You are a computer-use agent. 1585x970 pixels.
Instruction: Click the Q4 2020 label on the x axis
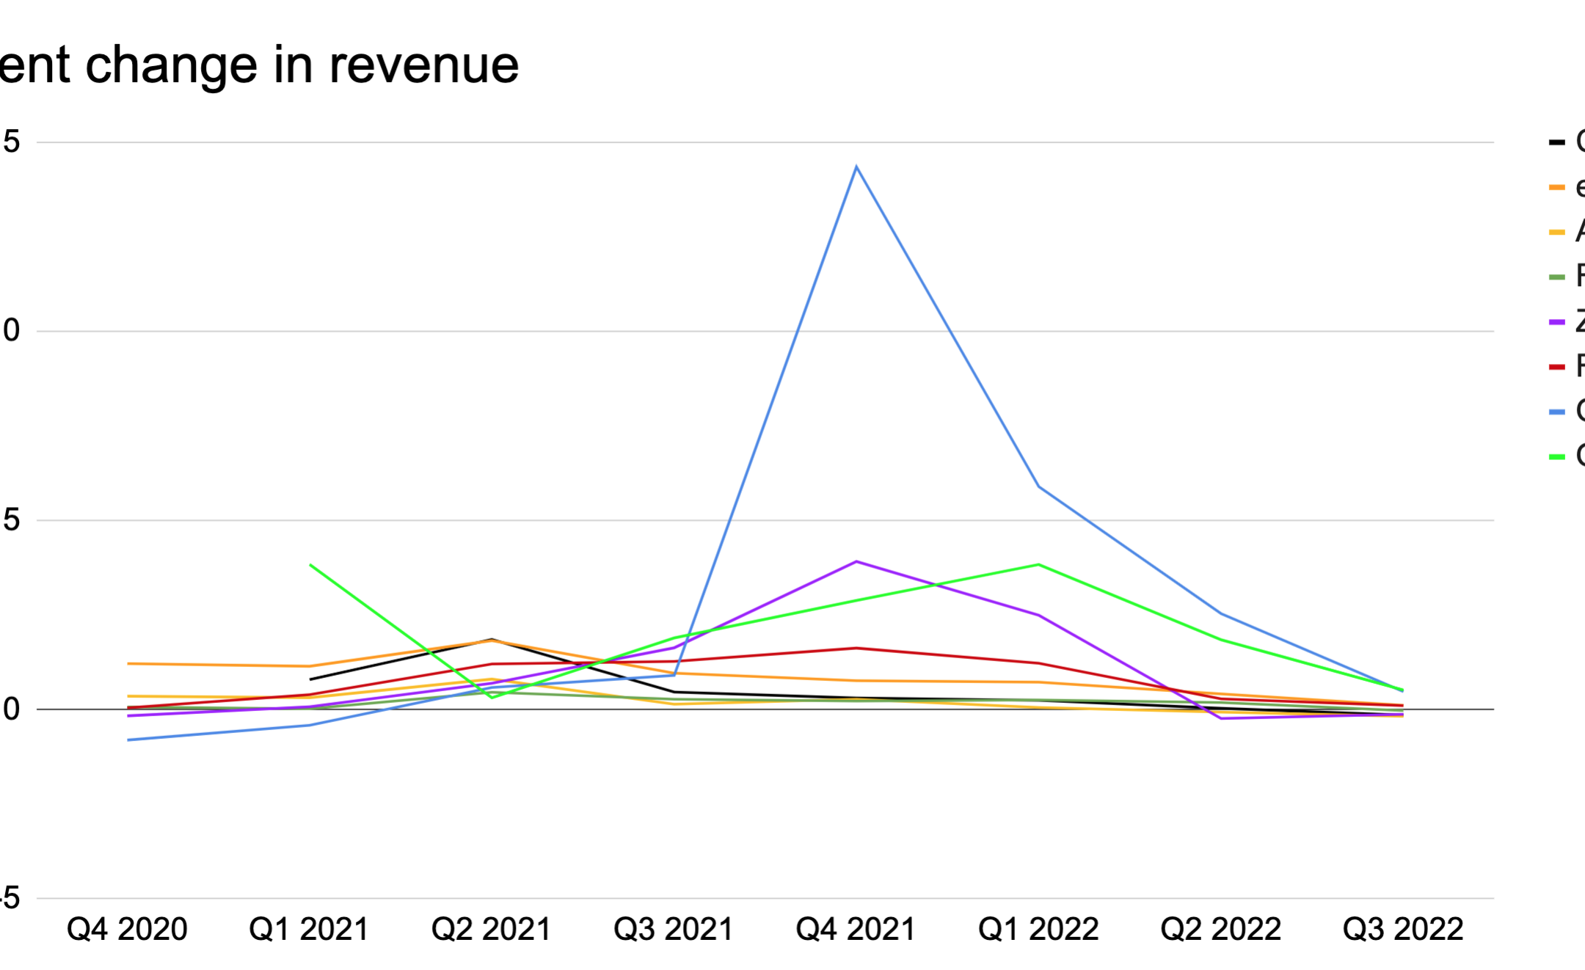click(127, 930)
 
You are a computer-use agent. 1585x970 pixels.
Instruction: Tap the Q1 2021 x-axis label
click(309, 930)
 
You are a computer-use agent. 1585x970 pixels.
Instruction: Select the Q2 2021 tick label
click(491, 930)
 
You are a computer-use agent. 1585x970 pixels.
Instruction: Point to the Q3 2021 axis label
click(674, 930)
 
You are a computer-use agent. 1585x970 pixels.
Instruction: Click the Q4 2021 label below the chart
click(856, 930)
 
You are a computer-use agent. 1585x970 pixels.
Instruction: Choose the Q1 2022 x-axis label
click(1038, 930)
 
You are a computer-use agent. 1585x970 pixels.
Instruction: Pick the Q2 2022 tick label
click(1220, 930)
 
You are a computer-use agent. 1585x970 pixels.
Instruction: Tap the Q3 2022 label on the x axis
click(1403, 930)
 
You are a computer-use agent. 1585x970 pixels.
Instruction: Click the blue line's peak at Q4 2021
click(856, 167)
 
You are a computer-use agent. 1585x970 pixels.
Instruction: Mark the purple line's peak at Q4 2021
click(856, 561)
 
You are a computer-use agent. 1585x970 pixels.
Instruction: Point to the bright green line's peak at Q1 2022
click(1038, 564)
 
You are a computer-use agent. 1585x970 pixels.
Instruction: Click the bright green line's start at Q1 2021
click(310, 565)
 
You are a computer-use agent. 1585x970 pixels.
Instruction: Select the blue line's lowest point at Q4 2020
click(128, 740)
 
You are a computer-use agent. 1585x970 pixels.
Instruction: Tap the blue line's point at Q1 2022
click(1038, 486)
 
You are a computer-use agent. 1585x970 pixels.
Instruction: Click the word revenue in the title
click(423, 65)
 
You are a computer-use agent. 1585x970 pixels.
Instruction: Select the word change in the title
click(171, 65)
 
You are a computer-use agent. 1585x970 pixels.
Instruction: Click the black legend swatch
click(1556, 142)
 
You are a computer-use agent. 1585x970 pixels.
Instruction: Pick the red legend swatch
click(1556, 367)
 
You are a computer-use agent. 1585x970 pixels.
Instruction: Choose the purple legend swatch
click(1556, 322)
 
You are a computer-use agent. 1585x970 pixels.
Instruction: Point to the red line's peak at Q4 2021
click(856, 648)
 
